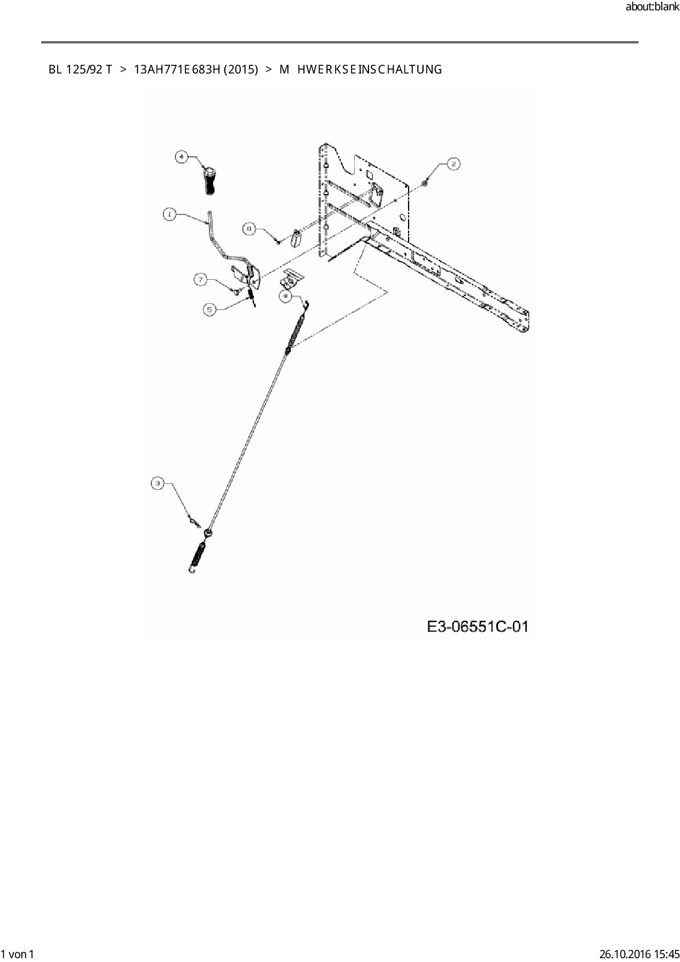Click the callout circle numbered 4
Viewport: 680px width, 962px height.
click(x=182, y=157)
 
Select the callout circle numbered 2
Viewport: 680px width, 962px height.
click(x=454, y=163)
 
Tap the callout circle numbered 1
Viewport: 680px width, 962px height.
click(x=170, y=214)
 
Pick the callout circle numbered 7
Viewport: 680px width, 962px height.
click(x=201, y=280)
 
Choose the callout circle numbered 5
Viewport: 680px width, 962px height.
click(x=209, y=310)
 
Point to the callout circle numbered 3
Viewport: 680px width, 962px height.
click(x=158, y=483)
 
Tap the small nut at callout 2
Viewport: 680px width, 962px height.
click(x=425, y=183)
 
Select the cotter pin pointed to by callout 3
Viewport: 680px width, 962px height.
click(x=194, y=520)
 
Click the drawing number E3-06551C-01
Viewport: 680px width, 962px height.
click(x=477, y=626)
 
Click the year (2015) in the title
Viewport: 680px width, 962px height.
click(x=241, y=70)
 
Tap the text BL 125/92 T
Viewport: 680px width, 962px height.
click(x=80, y=70)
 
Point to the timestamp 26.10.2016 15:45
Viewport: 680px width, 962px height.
click(x=638, y=954)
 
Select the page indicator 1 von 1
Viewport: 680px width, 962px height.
click(x=18, y=954)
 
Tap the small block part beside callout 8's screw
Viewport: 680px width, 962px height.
click(x=297, y=239)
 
